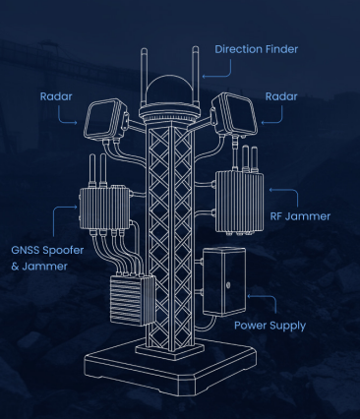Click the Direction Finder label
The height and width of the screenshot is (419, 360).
pos(257,49)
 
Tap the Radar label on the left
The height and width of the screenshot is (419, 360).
pos(56,96)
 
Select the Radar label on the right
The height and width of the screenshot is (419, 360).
pos(281,96)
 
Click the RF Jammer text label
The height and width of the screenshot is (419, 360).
pos(300,216)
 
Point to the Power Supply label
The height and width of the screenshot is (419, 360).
pos(270,326)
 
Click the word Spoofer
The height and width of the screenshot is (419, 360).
pos(63,250)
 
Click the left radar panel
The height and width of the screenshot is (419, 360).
pos(105,119)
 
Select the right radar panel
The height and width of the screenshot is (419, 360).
pos(235,113)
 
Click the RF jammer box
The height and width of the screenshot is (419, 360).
pos(239,203)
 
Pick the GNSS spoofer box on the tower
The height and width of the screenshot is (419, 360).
pos(105,209)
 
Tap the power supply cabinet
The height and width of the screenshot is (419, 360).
pos(224,281)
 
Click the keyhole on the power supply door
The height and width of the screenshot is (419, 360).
pos(228,285)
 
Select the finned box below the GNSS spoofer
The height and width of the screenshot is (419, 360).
pos(132,300)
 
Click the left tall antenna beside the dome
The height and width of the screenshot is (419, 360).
pos(144,78)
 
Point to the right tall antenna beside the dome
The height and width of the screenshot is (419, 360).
pos(196,76)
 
